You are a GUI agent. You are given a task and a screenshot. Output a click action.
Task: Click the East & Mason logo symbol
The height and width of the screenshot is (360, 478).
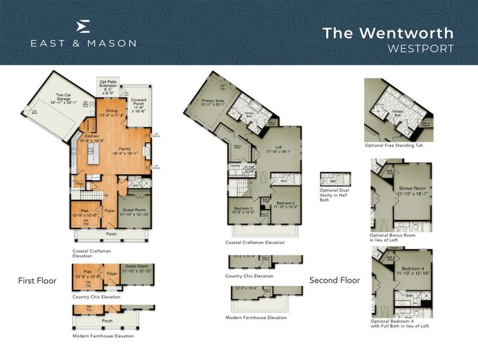pos(84,26)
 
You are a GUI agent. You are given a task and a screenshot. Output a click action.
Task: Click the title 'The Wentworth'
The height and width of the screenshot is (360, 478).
pos(388,32)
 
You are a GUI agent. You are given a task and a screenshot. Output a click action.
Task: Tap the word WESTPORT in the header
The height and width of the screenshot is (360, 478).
pos(420,47)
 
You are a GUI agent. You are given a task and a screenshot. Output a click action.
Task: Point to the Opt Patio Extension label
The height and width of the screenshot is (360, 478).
pos(110,88)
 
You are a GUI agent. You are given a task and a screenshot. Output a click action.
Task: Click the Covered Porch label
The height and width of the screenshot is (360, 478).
pos(139,106)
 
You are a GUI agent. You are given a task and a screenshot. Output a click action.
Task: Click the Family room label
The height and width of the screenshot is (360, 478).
pos(124,151)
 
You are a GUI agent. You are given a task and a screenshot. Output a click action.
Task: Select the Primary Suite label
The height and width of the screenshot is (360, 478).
pos(213,103)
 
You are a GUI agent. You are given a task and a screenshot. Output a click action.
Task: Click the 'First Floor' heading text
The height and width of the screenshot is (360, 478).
pos(37,280)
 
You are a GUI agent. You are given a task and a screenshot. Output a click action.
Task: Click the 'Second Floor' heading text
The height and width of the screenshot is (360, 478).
pos(335,280)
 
